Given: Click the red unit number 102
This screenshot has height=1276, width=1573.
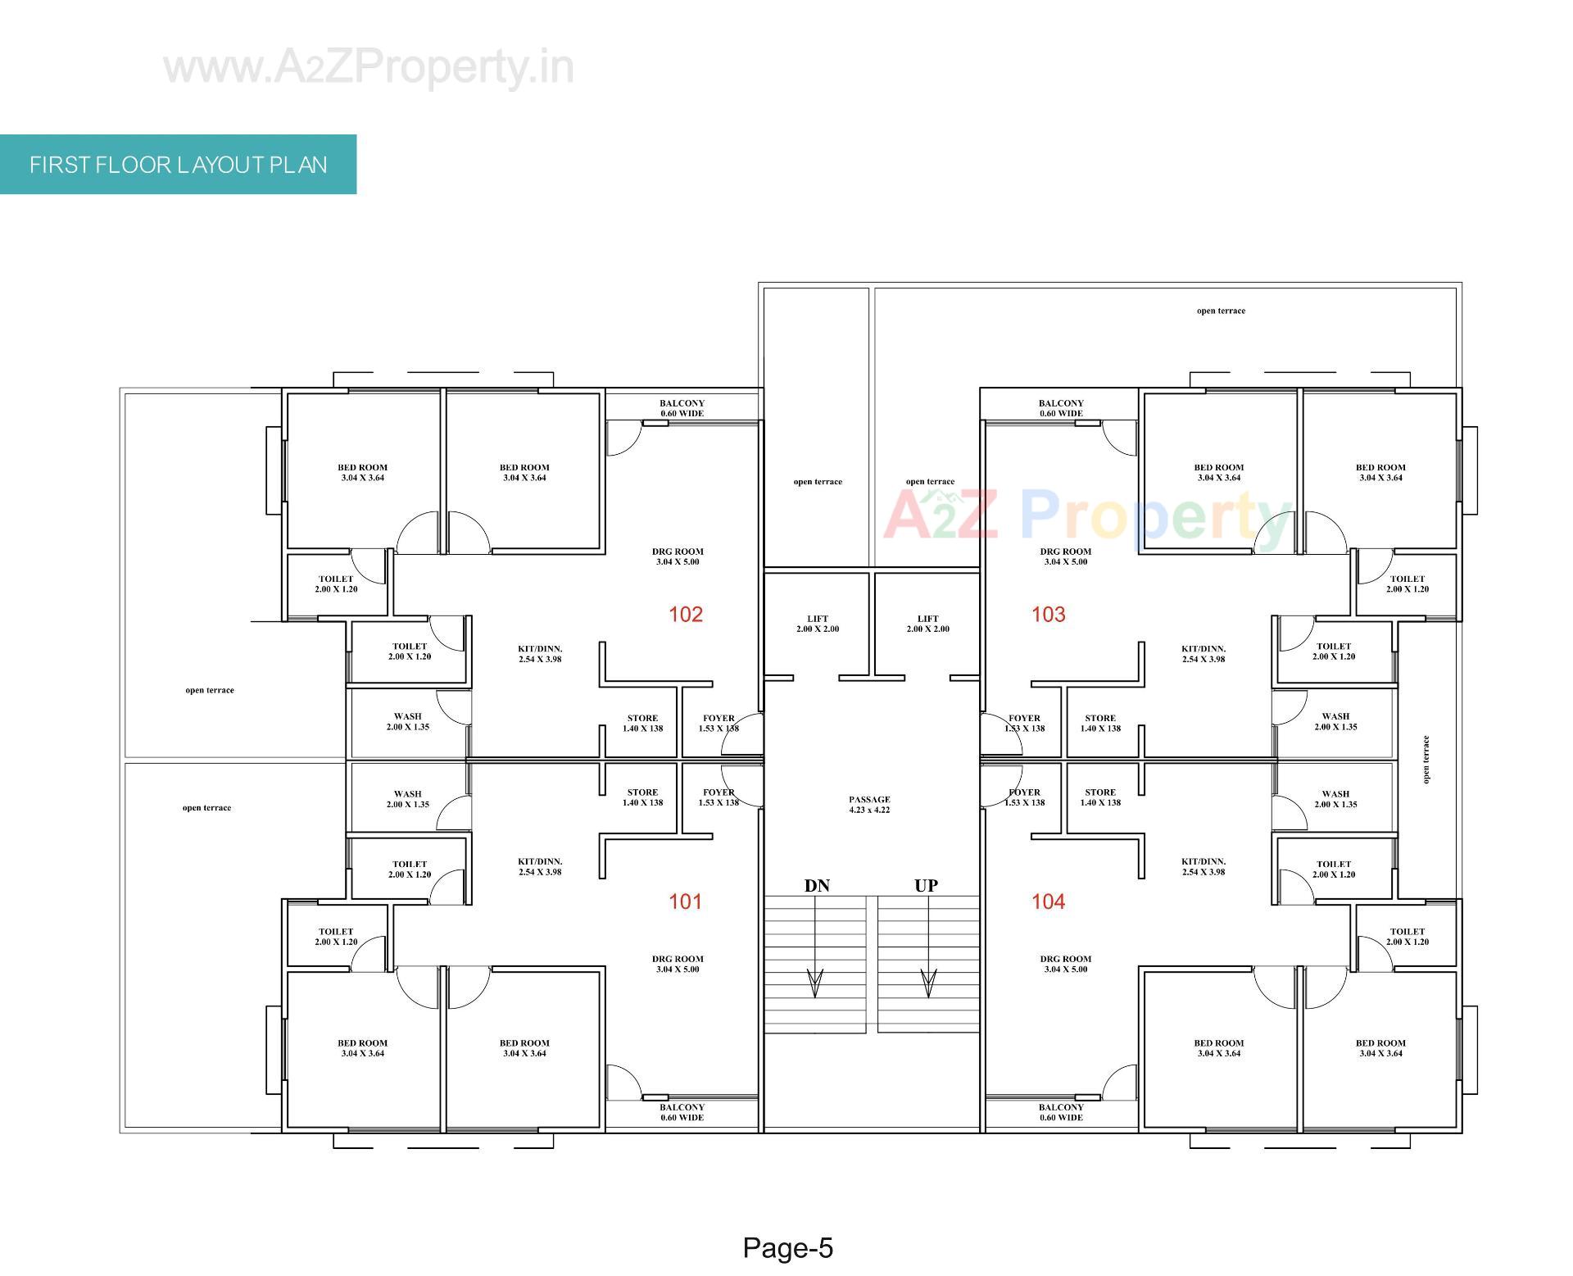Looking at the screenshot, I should tap(686, 615).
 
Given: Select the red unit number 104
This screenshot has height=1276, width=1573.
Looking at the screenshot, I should tap(1048, 902).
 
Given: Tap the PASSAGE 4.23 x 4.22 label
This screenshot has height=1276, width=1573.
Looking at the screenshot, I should tap(869, 805).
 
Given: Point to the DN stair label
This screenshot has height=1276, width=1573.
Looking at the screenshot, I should tap(817, 886).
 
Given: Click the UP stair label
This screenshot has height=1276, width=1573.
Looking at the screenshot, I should tap(926, 886).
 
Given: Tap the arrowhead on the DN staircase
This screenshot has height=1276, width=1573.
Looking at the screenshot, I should tap(815, 983).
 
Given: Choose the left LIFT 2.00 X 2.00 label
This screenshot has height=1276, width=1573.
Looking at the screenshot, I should tap(817, 624).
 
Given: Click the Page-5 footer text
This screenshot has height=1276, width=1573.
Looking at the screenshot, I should tap(787, 1248).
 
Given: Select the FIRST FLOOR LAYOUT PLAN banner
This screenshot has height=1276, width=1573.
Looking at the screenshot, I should tap(178, 165).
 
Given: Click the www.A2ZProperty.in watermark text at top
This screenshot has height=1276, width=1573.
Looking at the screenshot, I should tap(369, 67).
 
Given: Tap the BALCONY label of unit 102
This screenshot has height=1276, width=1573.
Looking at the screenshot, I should tap(682, 408).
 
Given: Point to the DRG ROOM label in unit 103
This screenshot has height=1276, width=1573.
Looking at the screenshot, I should tap(1066, 556).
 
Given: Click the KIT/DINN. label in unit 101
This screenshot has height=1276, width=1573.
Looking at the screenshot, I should tap(540, 867).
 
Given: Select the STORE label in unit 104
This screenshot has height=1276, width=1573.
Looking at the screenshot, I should tap(1099, 797).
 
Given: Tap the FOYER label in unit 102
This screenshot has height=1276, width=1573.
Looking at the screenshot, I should tap(719, 723).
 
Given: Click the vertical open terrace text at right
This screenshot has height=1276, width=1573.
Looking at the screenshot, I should tap(1426, 759).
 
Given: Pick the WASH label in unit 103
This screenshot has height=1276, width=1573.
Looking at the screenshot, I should tap(1335, 721).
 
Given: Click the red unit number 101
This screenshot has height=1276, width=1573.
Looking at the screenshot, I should tap(686, 902).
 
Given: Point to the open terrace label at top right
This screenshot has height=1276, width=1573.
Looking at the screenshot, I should tap(1220, 311).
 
